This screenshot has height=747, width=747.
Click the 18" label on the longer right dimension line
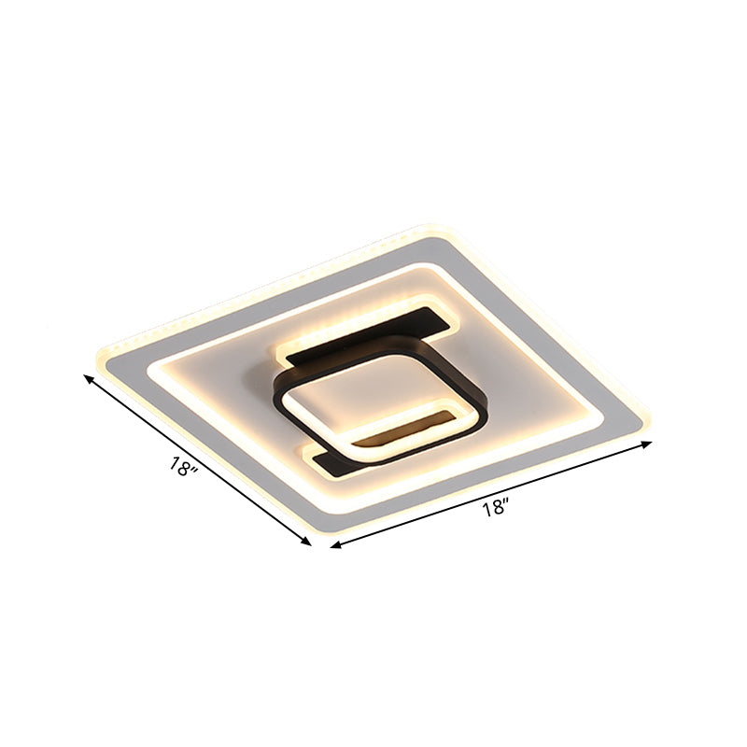496,509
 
